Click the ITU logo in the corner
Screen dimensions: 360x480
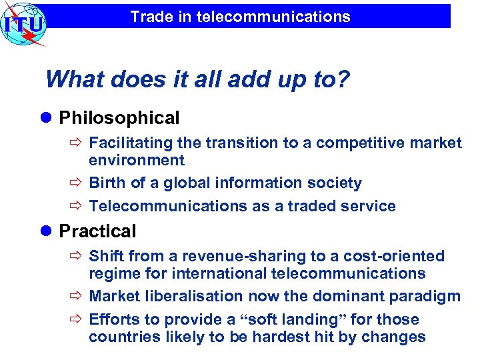[x=23, y=23]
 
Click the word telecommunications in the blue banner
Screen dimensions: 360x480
[x=273, y=17]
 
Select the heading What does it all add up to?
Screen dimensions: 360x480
[x=197, y=80]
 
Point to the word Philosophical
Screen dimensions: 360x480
[x=119, y=119]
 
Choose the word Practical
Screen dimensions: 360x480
[x=97, y=231]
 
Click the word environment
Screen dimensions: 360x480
[x=137, y=160]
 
